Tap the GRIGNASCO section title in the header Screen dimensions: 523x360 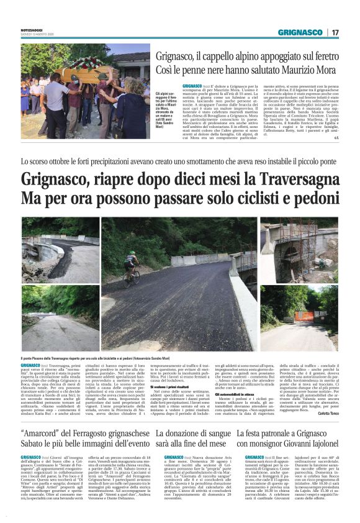pyautogui.click(x=300, y=32)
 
